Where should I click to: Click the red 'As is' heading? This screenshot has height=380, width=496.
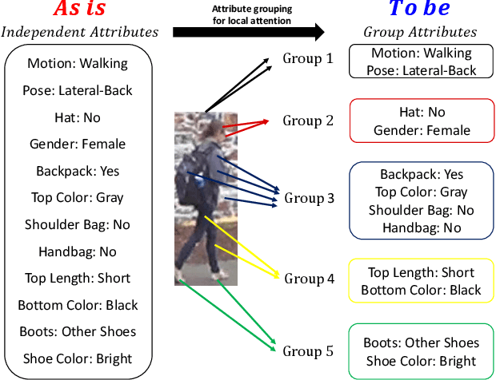pyautogui.click(x=78, y=10)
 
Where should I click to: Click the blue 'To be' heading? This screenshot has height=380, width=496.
pyautogui.click(x=419, y=10)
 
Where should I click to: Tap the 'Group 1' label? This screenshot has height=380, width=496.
pyautogui.click(x=307, y=59)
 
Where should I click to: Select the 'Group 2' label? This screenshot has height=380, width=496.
pyautogui.click(x=307, y=121)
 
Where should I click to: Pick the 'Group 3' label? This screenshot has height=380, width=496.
pyautogui.click(x=310, y=198)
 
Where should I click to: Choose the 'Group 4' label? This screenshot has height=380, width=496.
pyautogui.click(x=309, y=279)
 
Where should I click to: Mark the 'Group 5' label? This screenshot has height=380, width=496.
pyautogui.click(x=308, y=350)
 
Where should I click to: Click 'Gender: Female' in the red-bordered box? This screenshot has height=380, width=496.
pyautogui.click(x=421, y=130)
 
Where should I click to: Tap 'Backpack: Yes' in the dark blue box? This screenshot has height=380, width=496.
pyautogui.click(x=421, y=175)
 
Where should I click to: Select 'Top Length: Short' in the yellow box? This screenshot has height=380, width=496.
pyautogui.click(x=421, y=273)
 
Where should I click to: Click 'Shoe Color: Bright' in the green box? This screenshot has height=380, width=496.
pyautogui.click(x=421, y=361)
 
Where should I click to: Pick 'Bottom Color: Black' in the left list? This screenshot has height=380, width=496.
pyautogui.click(x=78, y=305)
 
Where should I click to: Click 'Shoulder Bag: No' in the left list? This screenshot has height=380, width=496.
pyautogui.click(x=78, y=224)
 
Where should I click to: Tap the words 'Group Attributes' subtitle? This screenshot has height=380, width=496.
pyautogui.click(x=420, y=33)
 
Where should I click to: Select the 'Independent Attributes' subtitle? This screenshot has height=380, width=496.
pyautogui.click(x=79, y=33)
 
